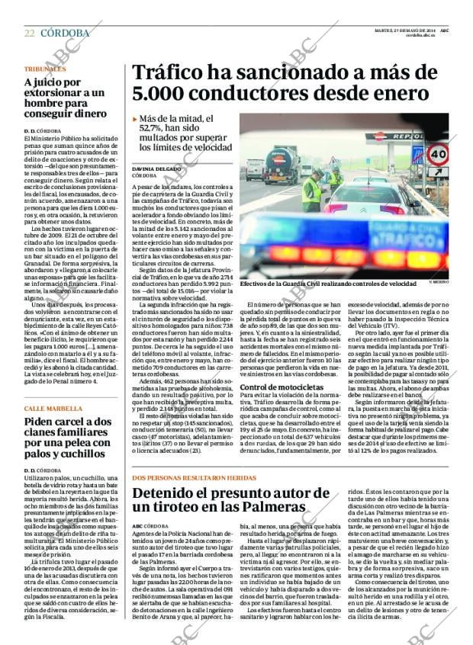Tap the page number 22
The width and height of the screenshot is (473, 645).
pos(29,33)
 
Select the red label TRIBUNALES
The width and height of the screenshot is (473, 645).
pos(44,69)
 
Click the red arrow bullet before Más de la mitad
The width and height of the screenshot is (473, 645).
pos(135,119)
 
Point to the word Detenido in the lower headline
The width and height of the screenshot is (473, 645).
pos(169,494)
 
